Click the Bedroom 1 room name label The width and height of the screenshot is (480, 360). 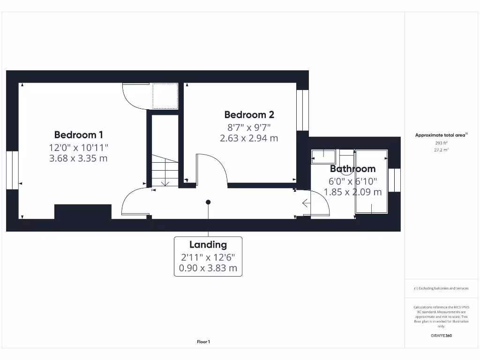pyautogui.click(x=78, y=135)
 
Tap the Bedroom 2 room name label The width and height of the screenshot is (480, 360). pyautogui.click(x=249, y=115)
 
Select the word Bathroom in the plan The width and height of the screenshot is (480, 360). pyautogui.click(x=352, y=169)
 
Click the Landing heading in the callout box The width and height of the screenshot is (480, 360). pyautogui.click(x=208, y=245)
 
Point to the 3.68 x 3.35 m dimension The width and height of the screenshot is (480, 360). pyautogui.click(x=78, y=158)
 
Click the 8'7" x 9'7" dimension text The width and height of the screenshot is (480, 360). pyautogui.click(x=249, y=127)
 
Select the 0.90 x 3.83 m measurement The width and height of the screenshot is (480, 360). pyautogui.click(x=208, y=269)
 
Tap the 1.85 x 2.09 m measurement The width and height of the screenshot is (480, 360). pyautogui.click(x=352, y=192)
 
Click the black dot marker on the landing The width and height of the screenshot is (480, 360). pyautogui.click(x=208, y=202)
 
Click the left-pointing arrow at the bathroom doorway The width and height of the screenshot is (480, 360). pyautogui.click(x=306, y=203)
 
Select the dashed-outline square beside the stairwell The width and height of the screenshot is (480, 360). pyautogui.click(x=165, y=96)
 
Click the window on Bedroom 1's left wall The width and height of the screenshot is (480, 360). pyautogui.click(x=12, y=170)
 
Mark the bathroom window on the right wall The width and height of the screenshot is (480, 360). pyautogui.click(x=394, y=180)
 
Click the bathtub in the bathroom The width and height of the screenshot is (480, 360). pyautogui.click(x=371, y=182)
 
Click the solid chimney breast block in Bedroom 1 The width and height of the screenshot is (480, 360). pyautogui.click(x=83, y=212)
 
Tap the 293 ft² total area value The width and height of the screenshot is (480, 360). pyautogui.click(x=441, y=143)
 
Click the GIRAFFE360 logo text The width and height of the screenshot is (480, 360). pyautogui.click(x=441, y=336)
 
